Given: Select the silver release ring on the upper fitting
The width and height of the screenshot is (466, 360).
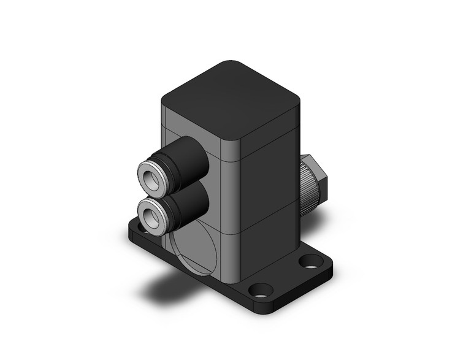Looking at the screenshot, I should click(145, 171).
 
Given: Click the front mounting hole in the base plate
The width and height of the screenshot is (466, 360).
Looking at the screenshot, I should click(262, 289).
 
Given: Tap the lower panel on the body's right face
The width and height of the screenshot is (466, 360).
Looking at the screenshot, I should click(270, 245).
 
